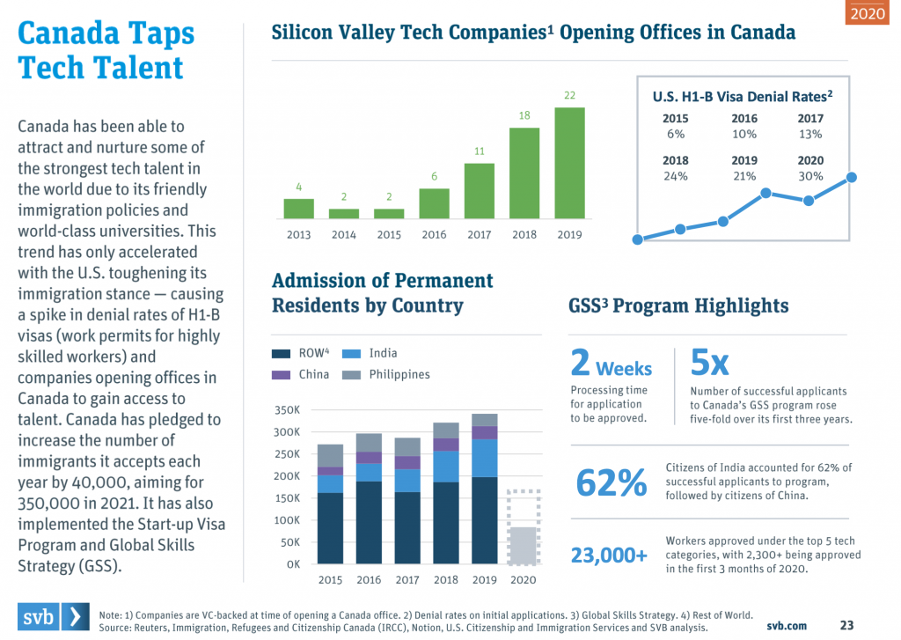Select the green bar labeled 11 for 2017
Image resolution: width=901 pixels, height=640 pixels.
coord(479,190)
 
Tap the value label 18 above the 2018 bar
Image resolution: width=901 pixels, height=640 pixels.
coord(524,115)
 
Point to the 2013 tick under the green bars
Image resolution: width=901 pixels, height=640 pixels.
coord(298,235)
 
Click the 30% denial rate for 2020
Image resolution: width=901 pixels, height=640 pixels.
coord(809,176)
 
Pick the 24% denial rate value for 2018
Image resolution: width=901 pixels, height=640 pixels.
coord(677,176)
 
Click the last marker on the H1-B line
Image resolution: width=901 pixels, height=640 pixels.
coord(851,178)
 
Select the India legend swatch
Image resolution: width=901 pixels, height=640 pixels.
coord(351,354)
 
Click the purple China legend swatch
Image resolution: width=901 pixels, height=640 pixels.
coord(281,375)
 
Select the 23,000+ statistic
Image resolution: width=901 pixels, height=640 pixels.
coord(609,555)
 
